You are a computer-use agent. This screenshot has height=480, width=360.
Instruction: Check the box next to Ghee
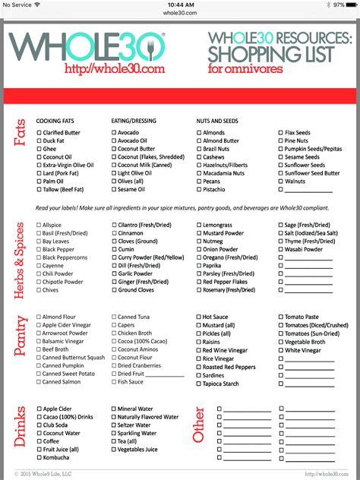click(38, 148)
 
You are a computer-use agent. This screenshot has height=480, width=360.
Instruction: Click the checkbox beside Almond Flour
click(38, 317)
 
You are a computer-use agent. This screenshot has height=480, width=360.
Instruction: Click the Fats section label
click(20, 132)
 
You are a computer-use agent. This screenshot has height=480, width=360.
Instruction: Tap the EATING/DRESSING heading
click(134, 120)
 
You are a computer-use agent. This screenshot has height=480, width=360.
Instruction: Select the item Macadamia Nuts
click(226, 173)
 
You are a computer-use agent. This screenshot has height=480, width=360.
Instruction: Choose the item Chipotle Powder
click(62, 281)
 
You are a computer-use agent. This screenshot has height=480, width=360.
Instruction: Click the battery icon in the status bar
click(351, 5)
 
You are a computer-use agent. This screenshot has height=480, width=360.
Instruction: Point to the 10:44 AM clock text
click(179, 5)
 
